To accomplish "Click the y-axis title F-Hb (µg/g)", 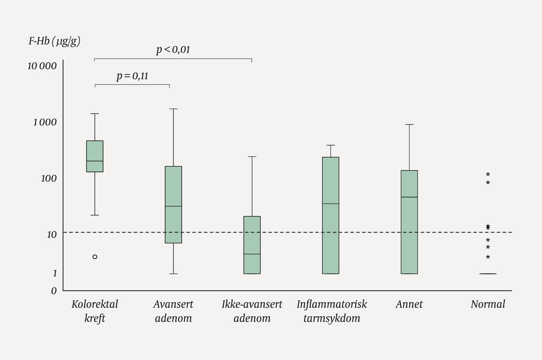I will (54, 41).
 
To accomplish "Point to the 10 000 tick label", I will (42, 66).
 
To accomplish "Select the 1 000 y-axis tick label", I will (45, 122).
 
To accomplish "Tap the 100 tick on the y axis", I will (49, 178).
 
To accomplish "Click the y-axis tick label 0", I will (54, 290).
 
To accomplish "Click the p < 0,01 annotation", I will (173, 49).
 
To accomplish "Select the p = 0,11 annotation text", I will (132, 76).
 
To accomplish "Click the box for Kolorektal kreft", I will (95, 156).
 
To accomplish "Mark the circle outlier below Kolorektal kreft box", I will (95, 257).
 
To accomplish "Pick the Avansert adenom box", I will (173, 205).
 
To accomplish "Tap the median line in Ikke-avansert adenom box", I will (252, 254).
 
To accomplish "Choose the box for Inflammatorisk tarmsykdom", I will (331, 215).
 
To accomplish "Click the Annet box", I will (409, 222).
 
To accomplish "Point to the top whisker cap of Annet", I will (409, 125).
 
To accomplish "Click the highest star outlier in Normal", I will (488, 175).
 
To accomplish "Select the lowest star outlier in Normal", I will (488, 257).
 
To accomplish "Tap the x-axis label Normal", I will (488, 304).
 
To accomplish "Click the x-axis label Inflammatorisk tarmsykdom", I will (331, 311).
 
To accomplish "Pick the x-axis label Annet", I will (409, 304).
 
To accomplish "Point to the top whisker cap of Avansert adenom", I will (173, 109).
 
